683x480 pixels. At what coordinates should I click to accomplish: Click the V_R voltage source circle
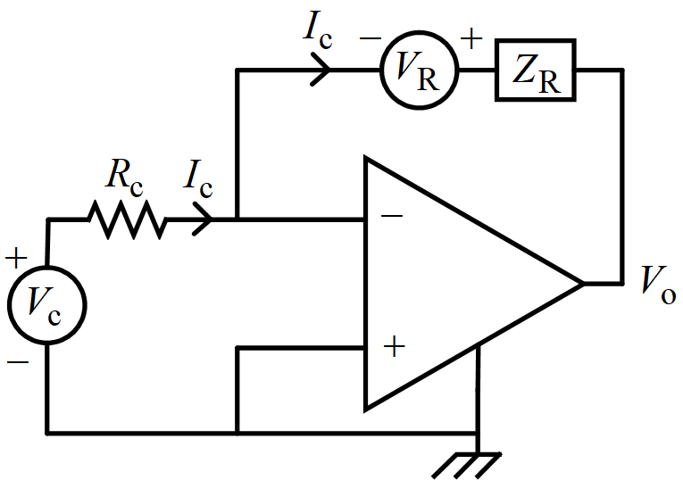[x=418, y=70]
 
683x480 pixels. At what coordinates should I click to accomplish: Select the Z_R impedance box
[x=535, y=70]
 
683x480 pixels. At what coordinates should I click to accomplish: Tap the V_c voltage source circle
[x=47, y=304]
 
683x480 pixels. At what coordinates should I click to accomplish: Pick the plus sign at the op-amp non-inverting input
[x=390, y=347]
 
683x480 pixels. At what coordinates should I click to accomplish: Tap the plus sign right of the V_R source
[x=471, y=39]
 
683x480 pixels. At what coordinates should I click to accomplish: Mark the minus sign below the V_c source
[x=16, y=362]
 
